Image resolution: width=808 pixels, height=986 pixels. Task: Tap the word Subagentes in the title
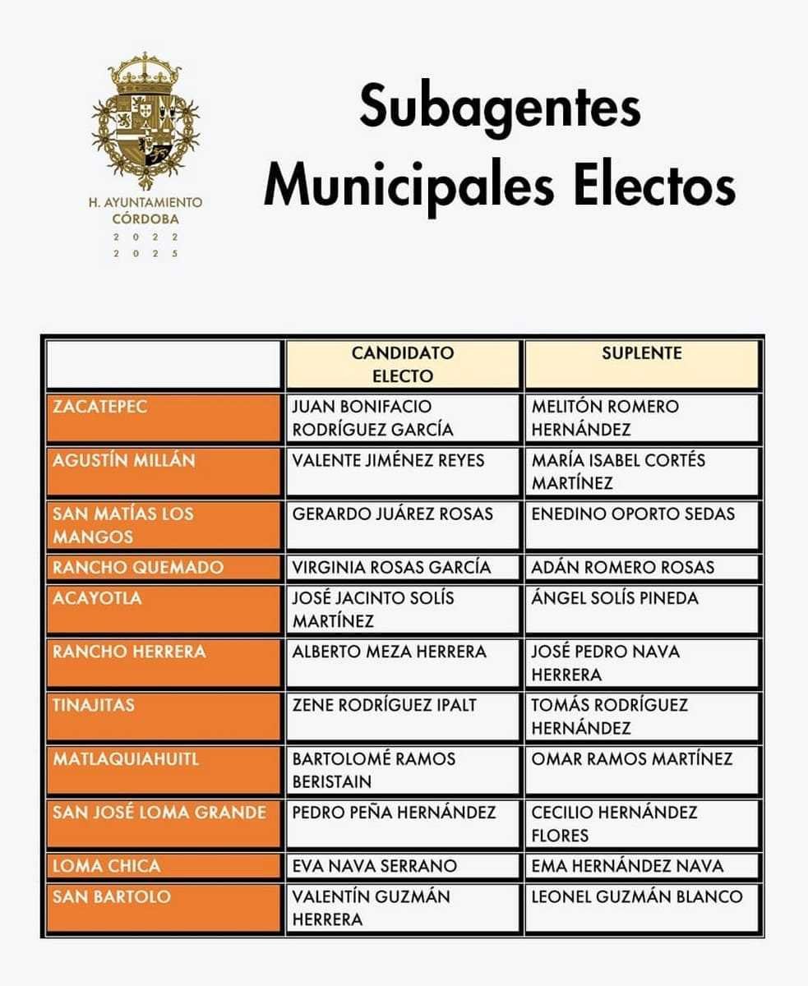[x=500, y=110]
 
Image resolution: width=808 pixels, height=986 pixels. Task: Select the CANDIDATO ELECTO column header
[x=403, y=364]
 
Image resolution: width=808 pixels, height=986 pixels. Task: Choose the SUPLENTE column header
[x=641, y=353]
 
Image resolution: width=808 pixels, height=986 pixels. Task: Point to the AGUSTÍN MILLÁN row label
[x=124, y=460]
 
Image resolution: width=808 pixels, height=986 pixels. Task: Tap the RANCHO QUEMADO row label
[x=138, y=567]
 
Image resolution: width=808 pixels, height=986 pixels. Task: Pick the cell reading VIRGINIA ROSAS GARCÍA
[x=391, y=567]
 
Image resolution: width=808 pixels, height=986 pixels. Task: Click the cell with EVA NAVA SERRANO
[x=375, y=865]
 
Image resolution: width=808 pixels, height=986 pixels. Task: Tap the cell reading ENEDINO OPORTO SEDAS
[x=633, y=514]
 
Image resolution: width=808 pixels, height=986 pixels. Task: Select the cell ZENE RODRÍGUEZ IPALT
[x=384, y=705]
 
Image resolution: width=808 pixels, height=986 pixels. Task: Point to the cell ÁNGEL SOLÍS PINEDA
[x=615, y=598]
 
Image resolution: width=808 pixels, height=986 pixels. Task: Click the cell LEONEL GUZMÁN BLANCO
[x=637, y=896]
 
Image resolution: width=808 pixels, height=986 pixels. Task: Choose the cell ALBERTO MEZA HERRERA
[x=390, y=652]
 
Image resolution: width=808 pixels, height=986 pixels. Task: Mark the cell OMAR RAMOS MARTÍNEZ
[x=632, y=758]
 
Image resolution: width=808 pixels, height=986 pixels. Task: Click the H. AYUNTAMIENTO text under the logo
[x=145, y=201]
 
